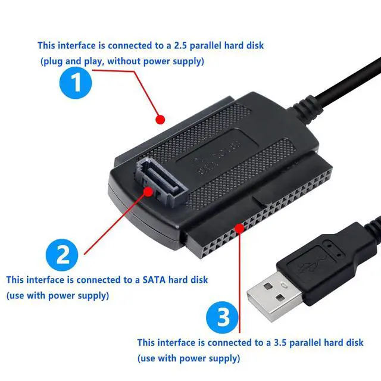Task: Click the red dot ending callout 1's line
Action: (x=159, y=120)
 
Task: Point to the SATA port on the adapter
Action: (x=161, y=181)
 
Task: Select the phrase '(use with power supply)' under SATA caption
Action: (x=58, y=295)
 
